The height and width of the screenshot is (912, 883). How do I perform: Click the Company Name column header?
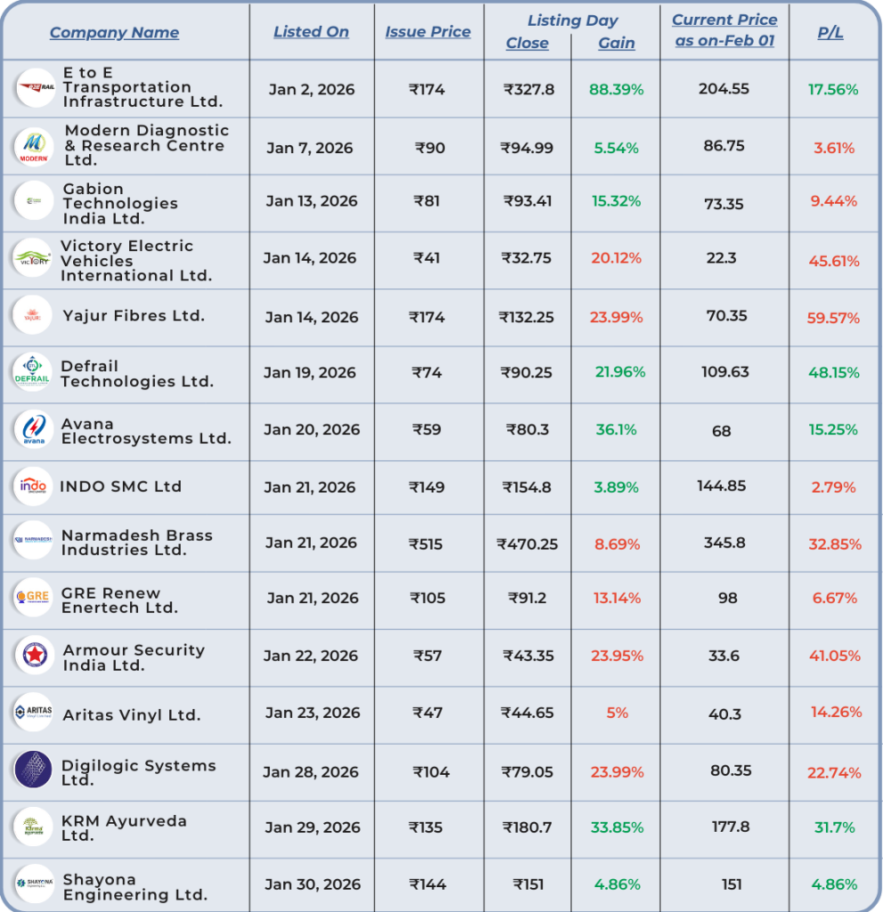(114, 33)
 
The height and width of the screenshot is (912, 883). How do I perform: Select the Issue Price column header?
(428, 32)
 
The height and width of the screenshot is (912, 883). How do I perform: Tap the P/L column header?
(830, 33)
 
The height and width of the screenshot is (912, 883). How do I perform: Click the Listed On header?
(311, 32)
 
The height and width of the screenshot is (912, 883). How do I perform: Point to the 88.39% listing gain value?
(616, 90)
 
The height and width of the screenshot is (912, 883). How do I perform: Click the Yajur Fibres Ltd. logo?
(34, 316)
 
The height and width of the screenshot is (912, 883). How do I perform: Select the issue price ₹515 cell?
(426, 544)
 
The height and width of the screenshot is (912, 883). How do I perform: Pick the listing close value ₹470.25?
(527, 544)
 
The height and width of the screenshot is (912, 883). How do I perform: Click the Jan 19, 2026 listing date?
(311, 373)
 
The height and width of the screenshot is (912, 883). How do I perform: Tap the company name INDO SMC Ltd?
(120, 487)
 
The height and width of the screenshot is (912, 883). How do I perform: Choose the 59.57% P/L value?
(833, 318)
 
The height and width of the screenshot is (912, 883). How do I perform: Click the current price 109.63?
(725, 372)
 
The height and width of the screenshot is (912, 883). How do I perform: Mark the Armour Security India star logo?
(34, 656)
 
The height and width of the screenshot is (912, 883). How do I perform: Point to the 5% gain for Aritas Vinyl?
(617, 712)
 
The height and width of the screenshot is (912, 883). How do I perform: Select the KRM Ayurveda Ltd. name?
(124, 828)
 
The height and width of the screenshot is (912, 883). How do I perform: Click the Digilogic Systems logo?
(34, 770)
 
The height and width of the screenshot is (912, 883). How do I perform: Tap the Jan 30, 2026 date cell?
(312, 885)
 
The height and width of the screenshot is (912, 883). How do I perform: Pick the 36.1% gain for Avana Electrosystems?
(616, 430)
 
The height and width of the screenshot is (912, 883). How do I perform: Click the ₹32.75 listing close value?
(527, 258)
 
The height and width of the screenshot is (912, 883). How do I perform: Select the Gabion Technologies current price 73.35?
(724, 204)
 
